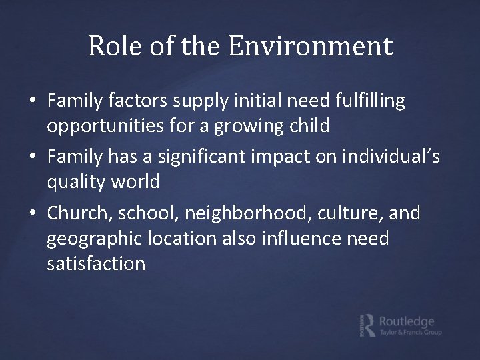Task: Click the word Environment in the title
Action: pos(311,47)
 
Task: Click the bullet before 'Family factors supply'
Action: pos(32,101)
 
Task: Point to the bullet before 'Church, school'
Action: pos(32,214)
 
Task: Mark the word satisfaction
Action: pos(96,263)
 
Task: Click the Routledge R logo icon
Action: pos(366,325)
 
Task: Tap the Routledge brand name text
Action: pos(407,321)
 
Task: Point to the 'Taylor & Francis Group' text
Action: pos(411,333)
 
